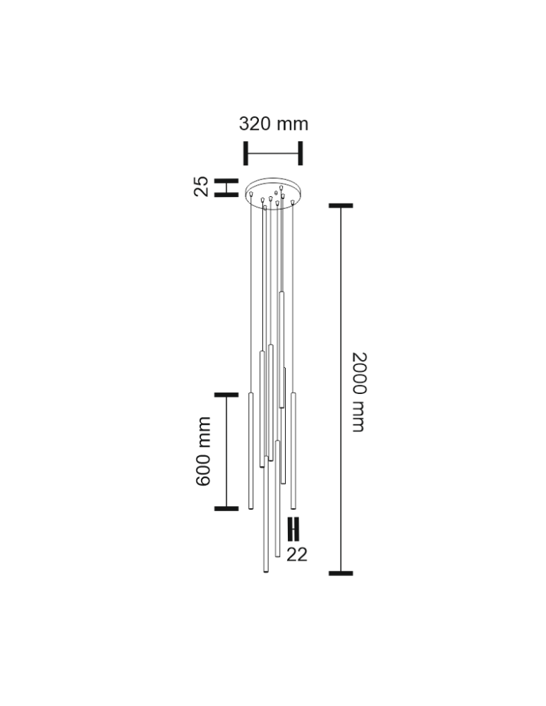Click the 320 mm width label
pyautogui.click(x=274, y=124)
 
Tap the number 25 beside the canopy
pyautogui.click(x=201, y=186)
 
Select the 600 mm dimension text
pyautogui.click(x=203, y=451)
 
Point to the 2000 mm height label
pyautogui.click(x=359, y=392)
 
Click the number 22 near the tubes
pyautogui.click(x=297, y=555)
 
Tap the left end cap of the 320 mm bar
pyautogui.click(x=246, y=153)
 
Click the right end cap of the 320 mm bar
pyautogui.click(x=301, y=153)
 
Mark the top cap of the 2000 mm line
pyautogui.click(x=341, y=205)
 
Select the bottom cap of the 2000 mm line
pyautogui.click(x=341, y=573)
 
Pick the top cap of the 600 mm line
pyautogui.click(x=226, y=395)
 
